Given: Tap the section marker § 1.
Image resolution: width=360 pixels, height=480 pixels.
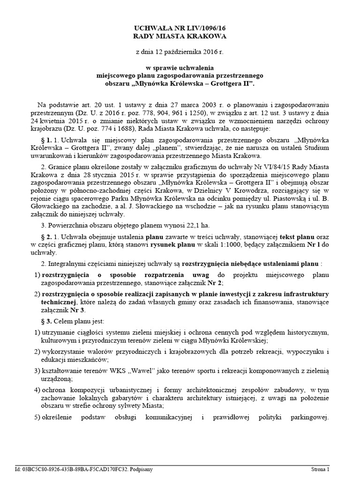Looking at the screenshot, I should click(x=48, y=140).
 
